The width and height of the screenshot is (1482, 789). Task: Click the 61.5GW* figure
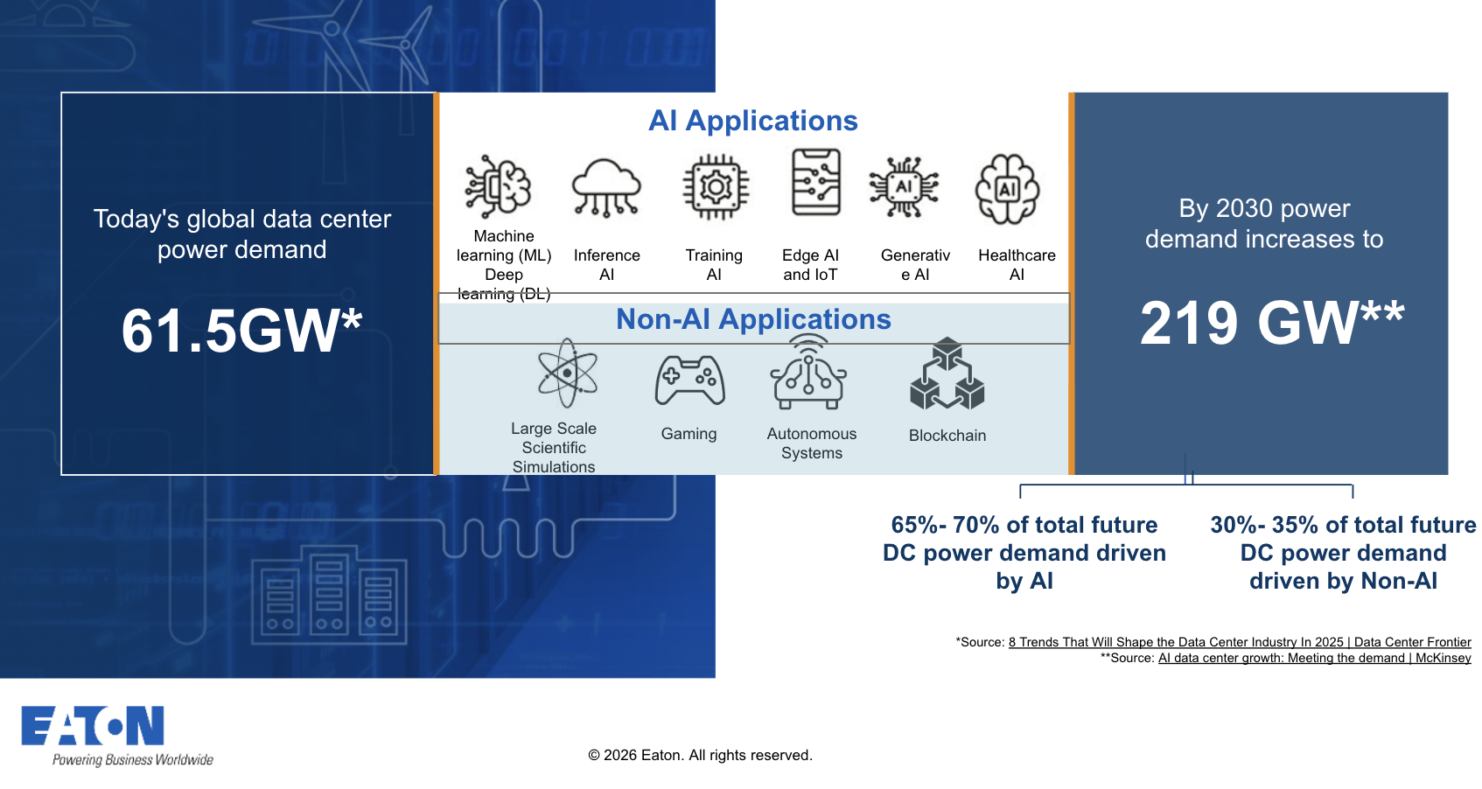pyautogui.click(x=241, y=332)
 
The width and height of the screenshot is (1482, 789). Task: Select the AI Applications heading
pyautogui.click(x=752, y=121)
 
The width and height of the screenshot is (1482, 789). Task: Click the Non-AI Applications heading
pyautogui.click(x=752, y=319)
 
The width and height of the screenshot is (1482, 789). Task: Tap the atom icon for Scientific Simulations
pyautogui.click(x=567, y=374)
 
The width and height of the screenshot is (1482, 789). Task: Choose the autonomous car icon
pyautogui.click(x=808, y=376)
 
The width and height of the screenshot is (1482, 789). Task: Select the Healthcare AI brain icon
pyautogui.click(x=1007, y=188)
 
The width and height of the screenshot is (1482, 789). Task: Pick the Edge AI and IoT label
pyautogui.click(x=810, y=265)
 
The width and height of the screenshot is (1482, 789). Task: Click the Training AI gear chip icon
pyautogui.click(x=716, y=186)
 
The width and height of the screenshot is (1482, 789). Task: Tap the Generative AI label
pyautogui.click(x=915, y=265)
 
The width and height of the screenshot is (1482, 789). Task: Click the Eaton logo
pyautogui.click(x=93, y=725)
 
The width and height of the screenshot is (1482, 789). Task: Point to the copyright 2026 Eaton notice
pyautogui.click(x=700, y=755)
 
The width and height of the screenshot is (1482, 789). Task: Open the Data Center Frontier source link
pyautogui.click(x=1239, y=642)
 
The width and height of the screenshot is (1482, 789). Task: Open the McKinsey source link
pyautogui.click(x=1314, y=658)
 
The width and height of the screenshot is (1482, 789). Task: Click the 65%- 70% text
pyautogui.click(x=1024, y=525)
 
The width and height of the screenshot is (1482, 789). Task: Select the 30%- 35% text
pyautogui.click(x=1342, y=525)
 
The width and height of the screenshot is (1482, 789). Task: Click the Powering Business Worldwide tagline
pyautogui.click(x=132, y=759)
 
